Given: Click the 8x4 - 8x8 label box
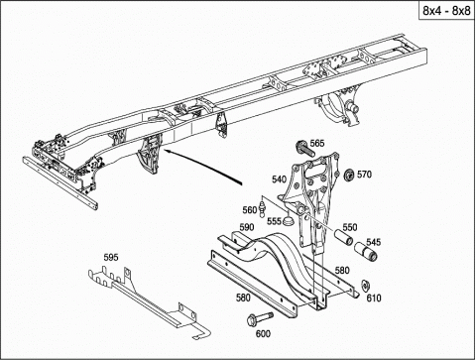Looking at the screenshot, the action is click(x=446, y=11).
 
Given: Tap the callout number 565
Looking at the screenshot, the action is click(x=317, y=144).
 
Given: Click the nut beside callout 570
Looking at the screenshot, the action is click(x=348, y=175).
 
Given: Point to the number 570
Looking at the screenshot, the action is click(x=364, y=175).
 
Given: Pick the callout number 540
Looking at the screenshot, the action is click(x=280, y=180).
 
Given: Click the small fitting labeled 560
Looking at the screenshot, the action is click(x=263, y=207).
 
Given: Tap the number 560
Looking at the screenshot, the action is click(x=250, y=210).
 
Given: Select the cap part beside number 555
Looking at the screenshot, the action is click(x=289, y=220).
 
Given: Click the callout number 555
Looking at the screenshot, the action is click(x=274, y=221).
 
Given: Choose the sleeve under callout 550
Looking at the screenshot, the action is click(x=343, y=238).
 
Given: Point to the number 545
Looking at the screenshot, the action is click(x=374, y=242).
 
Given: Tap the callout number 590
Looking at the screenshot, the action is click(x=247, y=227).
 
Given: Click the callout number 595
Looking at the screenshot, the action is click(x=111, y=257).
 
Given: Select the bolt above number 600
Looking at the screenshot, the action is click(x=260, y=318).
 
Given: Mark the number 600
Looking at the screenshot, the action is click(x=263, y=334).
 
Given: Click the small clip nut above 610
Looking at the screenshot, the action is click(x=365, y=286).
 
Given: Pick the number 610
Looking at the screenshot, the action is click(x=374, y=299).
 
